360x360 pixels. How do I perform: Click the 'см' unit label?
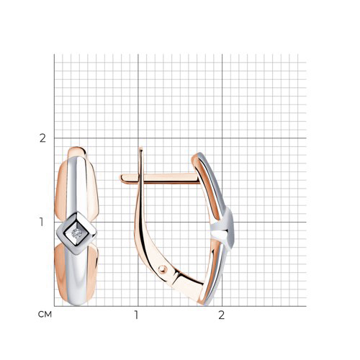click(45, 315)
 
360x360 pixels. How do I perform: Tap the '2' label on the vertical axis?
click(42, 138)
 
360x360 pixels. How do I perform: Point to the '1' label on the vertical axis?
click(42, 222)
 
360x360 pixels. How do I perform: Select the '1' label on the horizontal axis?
click(136, 315)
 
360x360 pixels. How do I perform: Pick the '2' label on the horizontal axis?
click(221, 315)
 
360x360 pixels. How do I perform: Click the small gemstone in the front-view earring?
click(76, 233)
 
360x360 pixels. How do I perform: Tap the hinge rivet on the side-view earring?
click(163, 269)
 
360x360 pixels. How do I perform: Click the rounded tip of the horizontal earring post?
click(122, 178)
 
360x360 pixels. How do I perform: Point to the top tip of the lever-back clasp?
click(141, 148)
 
